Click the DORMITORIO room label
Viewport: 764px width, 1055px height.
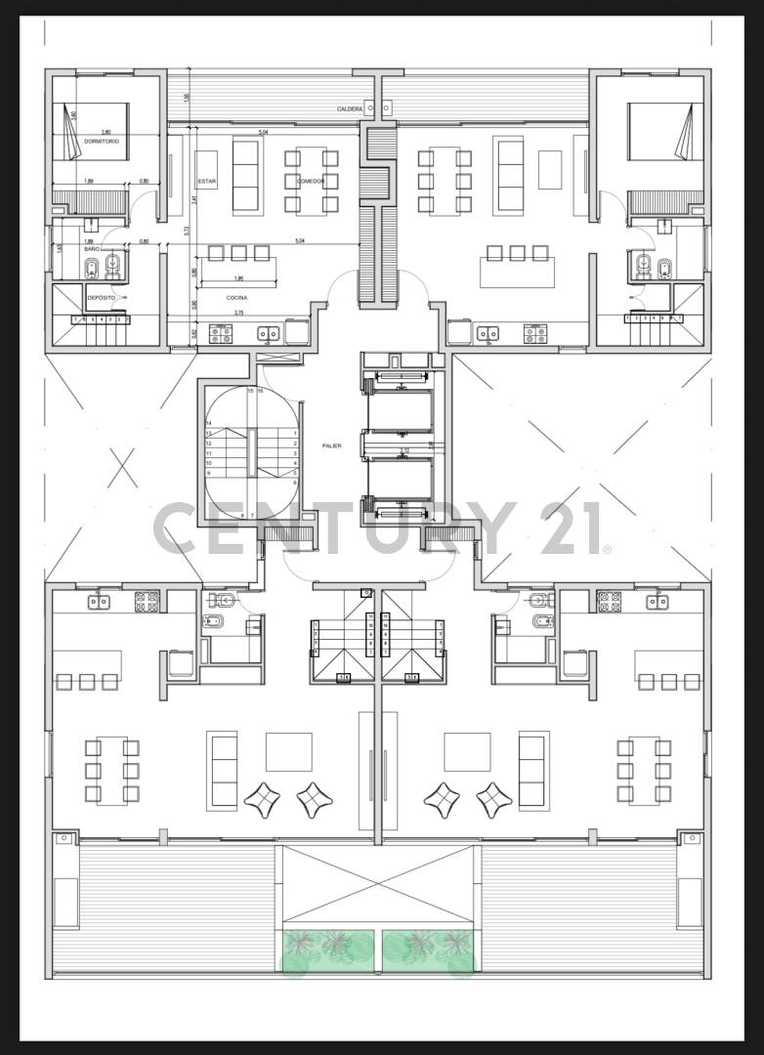click(102, 142)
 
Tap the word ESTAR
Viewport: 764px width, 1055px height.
click(206, 182)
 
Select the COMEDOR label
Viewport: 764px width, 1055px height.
click(311, 182)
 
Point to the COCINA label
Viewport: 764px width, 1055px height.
click(236, 297)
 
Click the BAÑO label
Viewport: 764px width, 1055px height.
click(91, 250)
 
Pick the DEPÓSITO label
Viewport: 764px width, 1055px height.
click(101, 297)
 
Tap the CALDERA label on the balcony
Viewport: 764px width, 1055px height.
click(350, 108)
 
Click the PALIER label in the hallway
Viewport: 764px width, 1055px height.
click(332, 445)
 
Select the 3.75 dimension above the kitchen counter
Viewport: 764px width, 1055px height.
click(237, 314)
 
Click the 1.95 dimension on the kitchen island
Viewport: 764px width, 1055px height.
click(237, 278)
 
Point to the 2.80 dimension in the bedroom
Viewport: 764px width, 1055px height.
click(106, 131)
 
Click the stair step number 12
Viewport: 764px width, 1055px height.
click(209, 443)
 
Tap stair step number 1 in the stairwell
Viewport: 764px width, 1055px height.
click(295, 433)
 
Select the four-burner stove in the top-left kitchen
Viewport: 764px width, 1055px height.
click(221, 334)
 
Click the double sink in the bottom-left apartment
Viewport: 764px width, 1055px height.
click(99, 601)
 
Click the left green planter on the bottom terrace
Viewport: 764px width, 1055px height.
click(328, 950)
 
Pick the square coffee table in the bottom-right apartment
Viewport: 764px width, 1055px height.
click(467, 751)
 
